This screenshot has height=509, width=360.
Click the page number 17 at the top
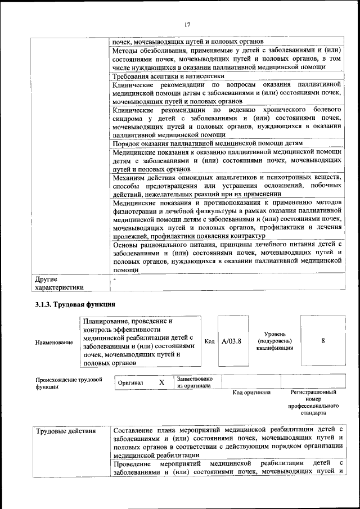[187, 24]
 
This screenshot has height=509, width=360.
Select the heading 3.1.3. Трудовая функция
[75, 304]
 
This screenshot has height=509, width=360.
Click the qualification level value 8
[323, 341]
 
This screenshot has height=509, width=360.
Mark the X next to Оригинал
[161, 382]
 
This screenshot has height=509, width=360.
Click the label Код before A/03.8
[209, 341]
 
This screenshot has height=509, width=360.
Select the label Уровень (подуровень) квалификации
[274, 341]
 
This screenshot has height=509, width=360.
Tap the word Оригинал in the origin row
[130, 383]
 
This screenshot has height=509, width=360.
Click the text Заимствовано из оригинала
[195, 382]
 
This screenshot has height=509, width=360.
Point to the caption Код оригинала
[251, 392]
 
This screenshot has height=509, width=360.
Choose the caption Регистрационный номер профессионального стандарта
[313, 402]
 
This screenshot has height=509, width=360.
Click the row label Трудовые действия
[65, 431]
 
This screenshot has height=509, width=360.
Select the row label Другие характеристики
[58, 283]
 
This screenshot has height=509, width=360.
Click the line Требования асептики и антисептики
[169, 76]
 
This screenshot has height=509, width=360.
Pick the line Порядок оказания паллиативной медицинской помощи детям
[208, 144]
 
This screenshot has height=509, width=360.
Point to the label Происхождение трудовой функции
[69, 383]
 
